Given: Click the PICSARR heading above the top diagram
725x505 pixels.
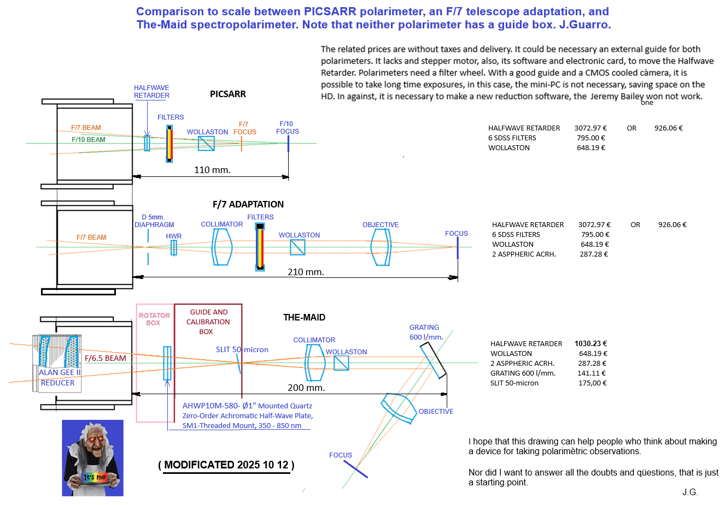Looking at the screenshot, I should pyautogui.click(x=227, y=94).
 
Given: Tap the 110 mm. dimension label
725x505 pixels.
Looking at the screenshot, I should pyautogui.click(x=212, y=170).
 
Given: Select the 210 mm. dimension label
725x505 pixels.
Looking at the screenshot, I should pyautogui.click(x=306, y=272).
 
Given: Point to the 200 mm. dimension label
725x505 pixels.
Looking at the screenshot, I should pyautogui.click(x=306, y=388).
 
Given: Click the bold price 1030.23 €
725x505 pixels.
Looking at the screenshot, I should pyautogui.click(x=590, y=343).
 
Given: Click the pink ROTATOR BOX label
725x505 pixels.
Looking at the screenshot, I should pyautogui.click(x=154, y=319).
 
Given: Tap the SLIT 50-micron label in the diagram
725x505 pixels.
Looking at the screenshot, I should pyautogui.click(x=242, y=349).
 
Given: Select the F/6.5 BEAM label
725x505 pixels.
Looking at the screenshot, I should pyautogui.click(x=106, y=358).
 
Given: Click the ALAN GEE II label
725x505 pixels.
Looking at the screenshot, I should pyautogui.click(x=60, y=372).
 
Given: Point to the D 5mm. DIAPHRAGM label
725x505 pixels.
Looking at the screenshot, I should pyautogui.click(x=154, y=221).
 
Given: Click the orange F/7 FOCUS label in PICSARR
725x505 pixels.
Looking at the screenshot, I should pyautogui.click(x=244, y=128).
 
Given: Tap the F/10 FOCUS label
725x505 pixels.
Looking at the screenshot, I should pyautogui.click(x=287, y=128).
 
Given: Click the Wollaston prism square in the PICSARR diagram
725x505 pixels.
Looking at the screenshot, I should pyautogui.click(x=206, y=144).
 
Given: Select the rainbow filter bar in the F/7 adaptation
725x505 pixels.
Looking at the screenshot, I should pyautogui.click(x=260, y=247).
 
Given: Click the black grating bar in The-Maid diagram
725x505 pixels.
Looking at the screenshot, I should pyautogui.click(x=434, y=360).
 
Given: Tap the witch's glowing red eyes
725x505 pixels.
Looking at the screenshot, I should pyautogui.click(x=92, y=438).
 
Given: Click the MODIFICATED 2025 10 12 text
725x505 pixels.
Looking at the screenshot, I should pyautogui.click(x=226, y=465).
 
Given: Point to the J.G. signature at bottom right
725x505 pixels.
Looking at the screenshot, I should pyautogui.click(x=690, y=492).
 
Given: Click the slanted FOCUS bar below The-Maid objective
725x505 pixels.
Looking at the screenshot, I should pyautogui.click(x=355, y=469).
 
